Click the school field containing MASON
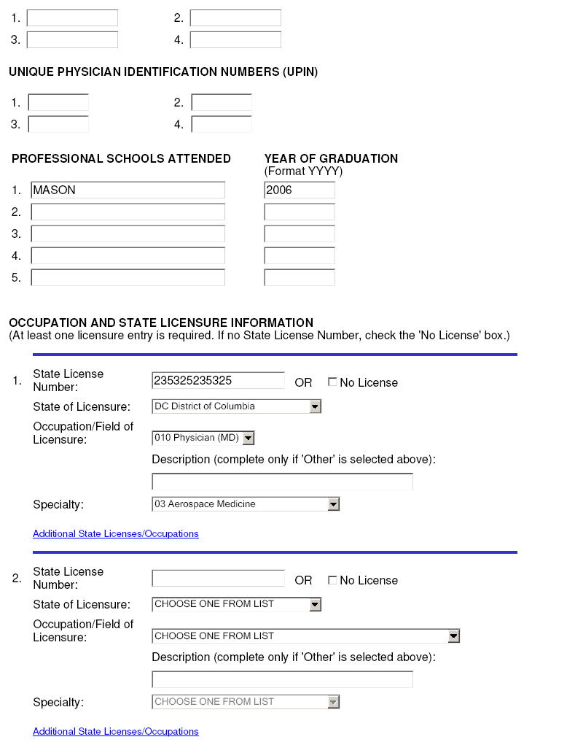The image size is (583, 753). click(x=128, y=190)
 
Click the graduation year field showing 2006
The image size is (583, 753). click(x=300, y=190)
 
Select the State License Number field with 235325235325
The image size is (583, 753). click(x=218, y=381)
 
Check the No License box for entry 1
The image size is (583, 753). click(x=332, y=382)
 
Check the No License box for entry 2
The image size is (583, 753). click(x=332, y=580)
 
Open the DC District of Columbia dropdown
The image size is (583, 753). click(x=237, y=406)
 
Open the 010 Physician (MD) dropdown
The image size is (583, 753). click(x=203, y=438)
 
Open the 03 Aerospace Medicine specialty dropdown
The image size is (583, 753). click(x=246, y=504)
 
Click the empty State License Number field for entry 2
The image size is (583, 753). click(x=218, y=579)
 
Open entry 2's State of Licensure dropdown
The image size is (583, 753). click(x=237, y=604)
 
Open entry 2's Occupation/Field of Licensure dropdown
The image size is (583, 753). click(x=306, y=636)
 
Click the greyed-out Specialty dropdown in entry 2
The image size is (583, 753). click(x=246, y=702)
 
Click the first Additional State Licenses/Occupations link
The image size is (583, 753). click(x=116, y=534)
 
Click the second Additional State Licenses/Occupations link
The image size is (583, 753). click(x=116, y=732)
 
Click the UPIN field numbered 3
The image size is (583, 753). click(x=58, y=125)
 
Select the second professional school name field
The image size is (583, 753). click(x=128, y=212)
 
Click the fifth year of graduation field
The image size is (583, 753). click(x=300, y=278)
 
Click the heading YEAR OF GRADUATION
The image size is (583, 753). click(x=331, y=159)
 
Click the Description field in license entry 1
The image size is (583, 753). click(x=282, y=482)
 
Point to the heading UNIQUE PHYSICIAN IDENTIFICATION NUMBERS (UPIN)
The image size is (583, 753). click(x=163, y=72)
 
